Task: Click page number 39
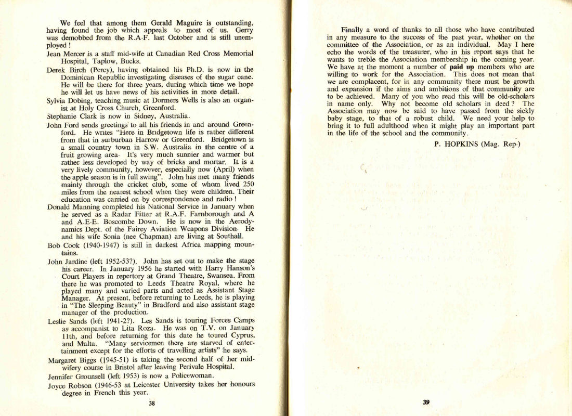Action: (426, 401)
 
